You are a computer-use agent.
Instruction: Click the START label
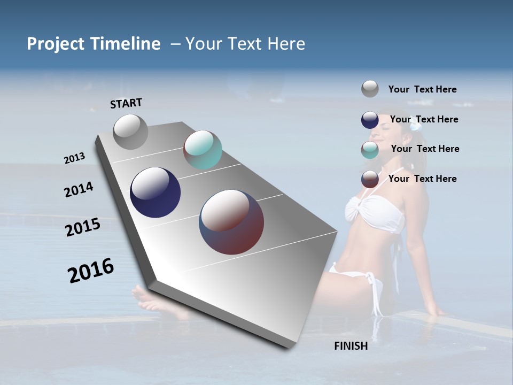pyautogui.click(x=126, y=103)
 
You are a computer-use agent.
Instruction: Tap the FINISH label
pyautogui.click(x=351, y=346)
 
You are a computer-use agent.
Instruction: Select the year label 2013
pyautogui.click(x=74, y=158)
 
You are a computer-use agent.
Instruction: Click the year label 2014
pyautogui.click(x=79, y=190)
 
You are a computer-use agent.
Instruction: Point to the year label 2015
pyautogui.click(x=83, y=227)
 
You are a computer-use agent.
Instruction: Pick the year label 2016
pyautogui.click(x=91, y=271)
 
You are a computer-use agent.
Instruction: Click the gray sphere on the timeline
pyautogui.click(x=130, y=132)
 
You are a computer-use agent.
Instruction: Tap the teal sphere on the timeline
pyautogui.click(x=203, y=150)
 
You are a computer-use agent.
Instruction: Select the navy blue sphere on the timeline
pyautogui.click(x=155, y=192)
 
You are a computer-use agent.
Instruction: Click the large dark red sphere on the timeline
pyautogui.click(x=231, y=222)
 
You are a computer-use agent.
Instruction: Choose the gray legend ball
pyautogui.click(x=370, y=89)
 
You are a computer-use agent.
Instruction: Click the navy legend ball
pyautogui.click(x=370, y=120)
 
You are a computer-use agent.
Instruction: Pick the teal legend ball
pyautogui.click(x=370, y=150)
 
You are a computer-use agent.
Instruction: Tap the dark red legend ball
pyautogui.click(x=370, y=179)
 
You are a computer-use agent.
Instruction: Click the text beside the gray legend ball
pyautogui.click(x=422, y=90)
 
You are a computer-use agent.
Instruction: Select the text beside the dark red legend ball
pyautogui.click(x=422, y=179)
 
